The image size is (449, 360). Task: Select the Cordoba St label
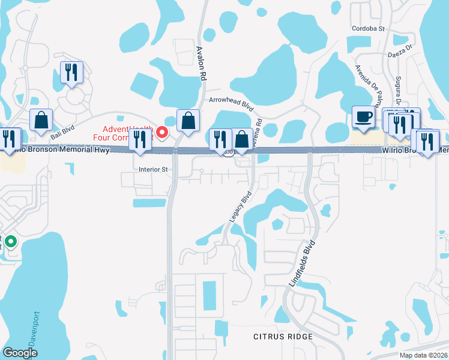coord(371,28)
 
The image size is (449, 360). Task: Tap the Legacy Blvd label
coord(240,208)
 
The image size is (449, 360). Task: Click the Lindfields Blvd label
coord(303,263)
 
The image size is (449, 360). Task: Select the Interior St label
coord(152,169)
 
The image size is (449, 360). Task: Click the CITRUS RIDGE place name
coord(283,337)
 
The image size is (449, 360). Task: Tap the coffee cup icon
coord(364,116)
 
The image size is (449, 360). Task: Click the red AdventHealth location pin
coord(162,132)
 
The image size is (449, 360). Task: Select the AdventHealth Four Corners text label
coord(127,133)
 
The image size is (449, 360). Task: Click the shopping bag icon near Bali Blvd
coord(41,121)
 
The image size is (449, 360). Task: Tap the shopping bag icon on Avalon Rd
coord(188,120)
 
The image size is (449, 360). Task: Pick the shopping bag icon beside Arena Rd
coord(241,139)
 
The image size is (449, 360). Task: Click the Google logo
coord(20,353)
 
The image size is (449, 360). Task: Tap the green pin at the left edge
coord(11,243)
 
